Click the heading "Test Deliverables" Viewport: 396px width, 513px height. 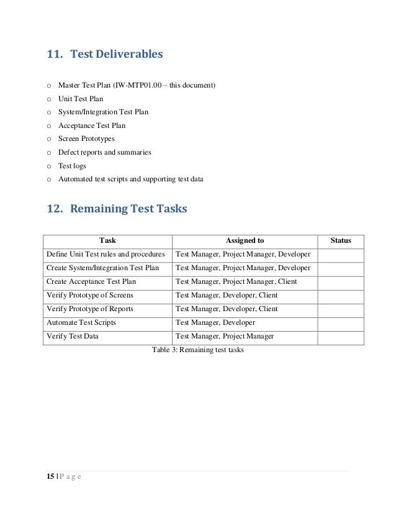(116, 55)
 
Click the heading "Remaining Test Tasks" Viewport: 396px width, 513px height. (128, 209)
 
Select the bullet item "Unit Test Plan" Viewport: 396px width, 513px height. (80, 98)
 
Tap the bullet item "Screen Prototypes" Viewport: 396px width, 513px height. (86, 138)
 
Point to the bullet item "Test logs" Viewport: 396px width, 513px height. (73, 166)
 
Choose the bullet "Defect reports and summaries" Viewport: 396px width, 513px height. (104, 152)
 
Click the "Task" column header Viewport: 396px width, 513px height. (107, 240)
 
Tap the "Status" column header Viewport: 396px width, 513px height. (341, 240)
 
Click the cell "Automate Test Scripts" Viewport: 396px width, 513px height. (81, 323)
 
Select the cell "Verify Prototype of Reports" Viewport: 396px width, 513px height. (89, 309)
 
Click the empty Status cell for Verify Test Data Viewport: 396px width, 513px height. (341, 337)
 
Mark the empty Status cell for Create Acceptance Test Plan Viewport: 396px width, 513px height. (341, 282)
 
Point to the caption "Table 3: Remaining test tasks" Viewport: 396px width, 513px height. (198, 350)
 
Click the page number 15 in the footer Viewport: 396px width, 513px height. (50, 476)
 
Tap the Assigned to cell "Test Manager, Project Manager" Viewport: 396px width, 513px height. (225, 337)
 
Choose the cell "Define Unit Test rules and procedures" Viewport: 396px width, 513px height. (106, 255)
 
